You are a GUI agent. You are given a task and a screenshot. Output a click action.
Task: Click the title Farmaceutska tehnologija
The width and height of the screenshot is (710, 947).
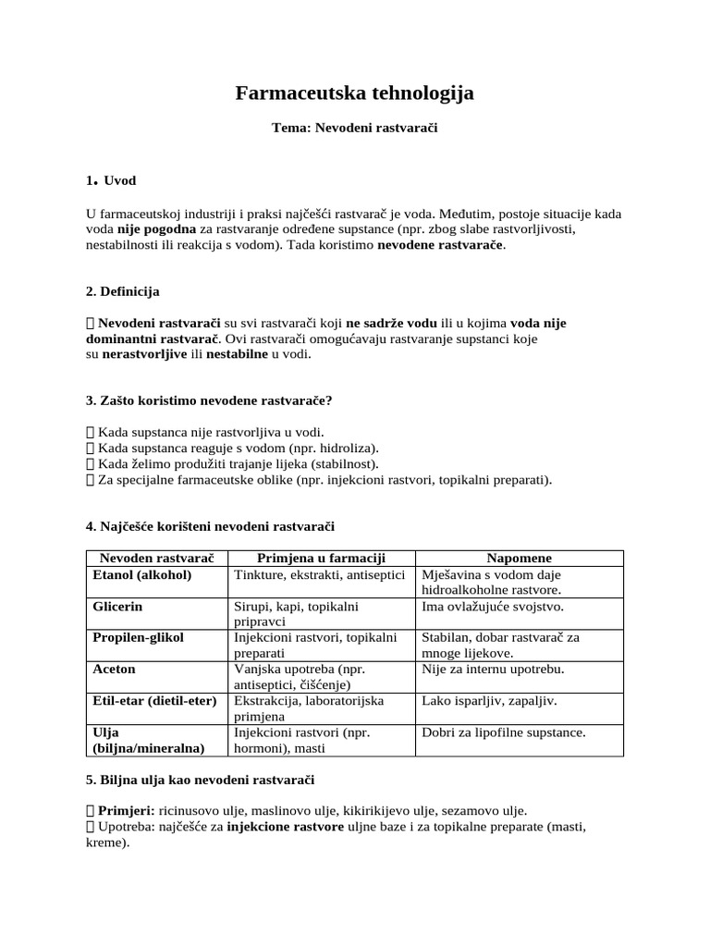tap(354, 93)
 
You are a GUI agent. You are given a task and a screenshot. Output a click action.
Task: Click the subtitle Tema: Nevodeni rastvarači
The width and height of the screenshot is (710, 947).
tap(354, 129)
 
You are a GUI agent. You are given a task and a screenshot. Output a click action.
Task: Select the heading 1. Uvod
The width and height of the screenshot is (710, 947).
tap(111, 180)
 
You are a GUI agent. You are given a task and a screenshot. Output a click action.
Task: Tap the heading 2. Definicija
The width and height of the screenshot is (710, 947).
tap(122, 291)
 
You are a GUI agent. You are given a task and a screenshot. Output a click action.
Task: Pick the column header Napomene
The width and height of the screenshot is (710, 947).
tap(520, 558)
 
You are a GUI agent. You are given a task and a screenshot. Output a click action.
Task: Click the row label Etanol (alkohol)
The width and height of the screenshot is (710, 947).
tap(142, 574)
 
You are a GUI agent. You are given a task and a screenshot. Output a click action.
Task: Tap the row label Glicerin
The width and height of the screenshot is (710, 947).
tap(118, 607)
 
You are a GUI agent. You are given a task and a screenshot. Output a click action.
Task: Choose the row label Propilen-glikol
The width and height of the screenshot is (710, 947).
tap(139, 637)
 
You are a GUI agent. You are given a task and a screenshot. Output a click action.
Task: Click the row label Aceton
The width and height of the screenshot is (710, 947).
tap(115, 669)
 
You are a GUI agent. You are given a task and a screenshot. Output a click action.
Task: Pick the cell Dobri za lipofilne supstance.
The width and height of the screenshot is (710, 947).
tap(503, 732)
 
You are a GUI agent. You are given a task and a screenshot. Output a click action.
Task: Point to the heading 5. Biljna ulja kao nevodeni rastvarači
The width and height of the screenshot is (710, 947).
tap(200, 780)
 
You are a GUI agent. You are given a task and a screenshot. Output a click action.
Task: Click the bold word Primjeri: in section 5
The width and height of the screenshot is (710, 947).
tap(126, 809)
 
